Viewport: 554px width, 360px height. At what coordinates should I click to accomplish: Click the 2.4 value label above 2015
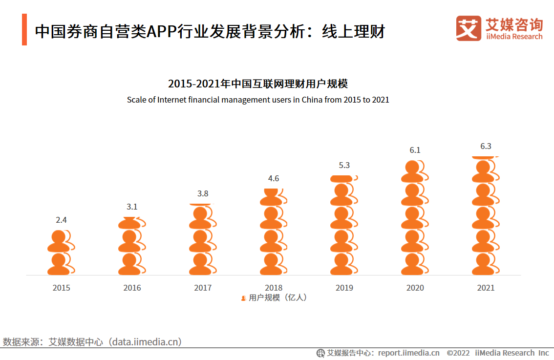click(x=61, y=220)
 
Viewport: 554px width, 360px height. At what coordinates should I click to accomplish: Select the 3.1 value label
click(x=132, y=207)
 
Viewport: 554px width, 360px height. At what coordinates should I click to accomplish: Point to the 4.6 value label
click(x=274, y=178)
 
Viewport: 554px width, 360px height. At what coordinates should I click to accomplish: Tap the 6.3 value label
click(x=486, y=146)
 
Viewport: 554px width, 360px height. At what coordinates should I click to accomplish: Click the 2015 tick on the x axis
click(x=61, y=288)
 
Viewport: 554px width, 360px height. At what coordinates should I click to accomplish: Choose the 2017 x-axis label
click(x=203, y=288)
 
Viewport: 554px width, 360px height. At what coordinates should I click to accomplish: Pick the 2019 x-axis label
click(x=344, y=288)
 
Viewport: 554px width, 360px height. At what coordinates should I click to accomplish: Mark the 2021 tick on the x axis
click(x=486, y=288)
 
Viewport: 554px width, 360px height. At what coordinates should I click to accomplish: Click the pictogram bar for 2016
click(x=131, y=246)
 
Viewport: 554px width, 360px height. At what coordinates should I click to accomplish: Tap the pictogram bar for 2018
click(x=273, y=232)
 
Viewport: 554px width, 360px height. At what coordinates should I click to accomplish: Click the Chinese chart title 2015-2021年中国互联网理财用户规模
click(x=257, y=84)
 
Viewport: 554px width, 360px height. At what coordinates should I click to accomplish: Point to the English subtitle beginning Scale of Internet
click(x=257, y=100)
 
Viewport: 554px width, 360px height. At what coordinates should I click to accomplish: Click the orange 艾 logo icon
click(x=468, y=28)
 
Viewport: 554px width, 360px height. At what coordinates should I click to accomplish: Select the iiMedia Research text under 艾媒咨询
click(x=514, y=37)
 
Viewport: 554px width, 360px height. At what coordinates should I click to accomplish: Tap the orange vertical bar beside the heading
click(x=24, y=30)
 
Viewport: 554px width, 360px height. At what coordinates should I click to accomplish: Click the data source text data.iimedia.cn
click(x=147, y=342)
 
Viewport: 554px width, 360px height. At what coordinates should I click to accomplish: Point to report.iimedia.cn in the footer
click(x=408, y=353)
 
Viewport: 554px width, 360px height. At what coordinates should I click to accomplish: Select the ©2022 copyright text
click(x=458, y=353)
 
